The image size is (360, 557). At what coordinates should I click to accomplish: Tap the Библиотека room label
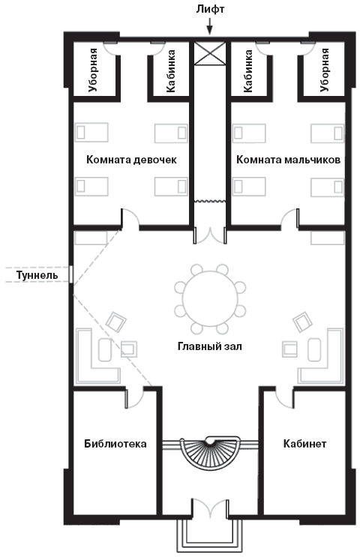[x=115, y=444]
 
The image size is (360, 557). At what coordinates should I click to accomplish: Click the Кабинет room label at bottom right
[x=304, y=444]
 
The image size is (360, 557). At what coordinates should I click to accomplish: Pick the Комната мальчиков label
[x=289, y=160]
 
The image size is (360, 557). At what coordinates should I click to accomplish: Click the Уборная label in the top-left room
[x=94, y=70]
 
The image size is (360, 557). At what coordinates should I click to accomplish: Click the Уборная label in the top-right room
[x=325, y=70]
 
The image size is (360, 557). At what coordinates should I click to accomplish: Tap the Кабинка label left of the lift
[x=172, y=70]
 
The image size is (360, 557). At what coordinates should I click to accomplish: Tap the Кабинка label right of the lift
[x=247, y=70]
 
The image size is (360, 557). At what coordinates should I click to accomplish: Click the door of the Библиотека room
[x=135, y=398]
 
